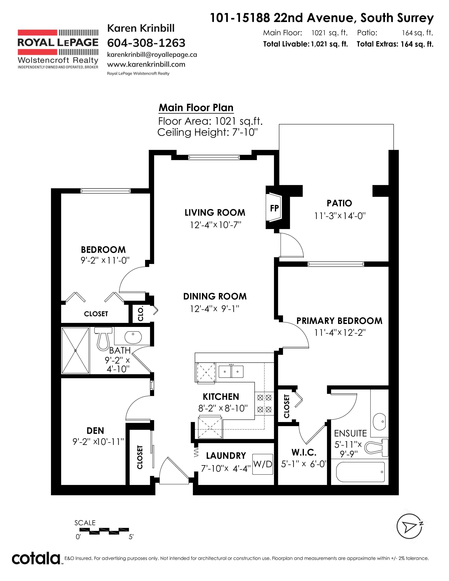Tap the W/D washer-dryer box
(263, 464)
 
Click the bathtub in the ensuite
(360, 472)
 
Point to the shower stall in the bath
(75, 351)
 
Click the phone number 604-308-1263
(146, 43)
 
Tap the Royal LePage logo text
(58, 43)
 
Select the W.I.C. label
(304, 452)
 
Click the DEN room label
(95, 431)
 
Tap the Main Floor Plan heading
(196, 108)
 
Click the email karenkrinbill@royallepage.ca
(152, 55)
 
